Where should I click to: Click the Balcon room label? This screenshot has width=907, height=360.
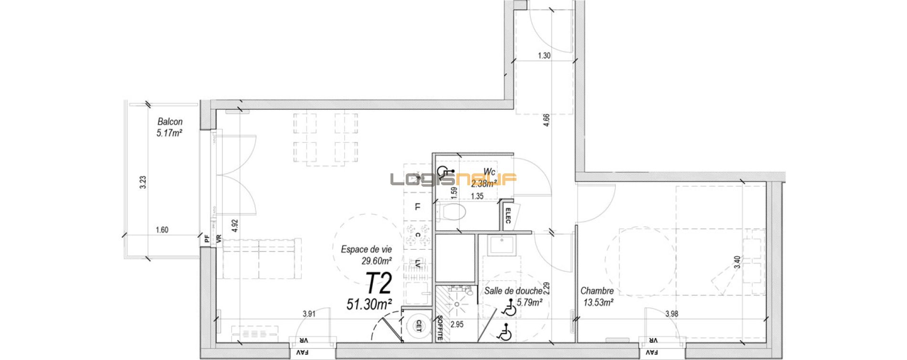pos(170,122)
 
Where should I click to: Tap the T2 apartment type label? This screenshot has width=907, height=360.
pos(379,283)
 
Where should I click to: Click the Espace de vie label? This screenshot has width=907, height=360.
pos(366,249)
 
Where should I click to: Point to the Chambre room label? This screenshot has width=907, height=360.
pos(597,291)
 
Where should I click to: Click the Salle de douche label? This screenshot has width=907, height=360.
pos(513,291)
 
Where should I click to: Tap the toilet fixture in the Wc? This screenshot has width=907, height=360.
pos(451,211)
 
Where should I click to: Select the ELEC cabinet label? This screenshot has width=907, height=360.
pos(507,215)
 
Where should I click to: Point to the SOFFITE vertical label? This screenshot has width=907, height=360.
pos(440,328)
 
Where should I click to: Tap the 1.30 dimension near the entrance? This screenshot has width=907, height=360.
pos(544,55)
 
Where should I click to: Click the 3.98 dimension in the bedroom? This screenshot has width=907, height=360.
pos(672,313)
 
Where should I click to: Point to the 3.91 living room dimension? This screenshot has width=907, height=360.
pos(309,314)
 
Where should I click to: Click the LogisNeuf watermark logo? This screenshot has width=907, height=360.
pos(453,180)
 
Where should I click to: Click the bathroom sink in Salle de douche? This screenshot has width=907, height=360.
pos(501,245)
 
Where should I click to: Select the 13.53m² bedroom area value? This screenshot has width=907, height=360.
pos(598,302)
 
